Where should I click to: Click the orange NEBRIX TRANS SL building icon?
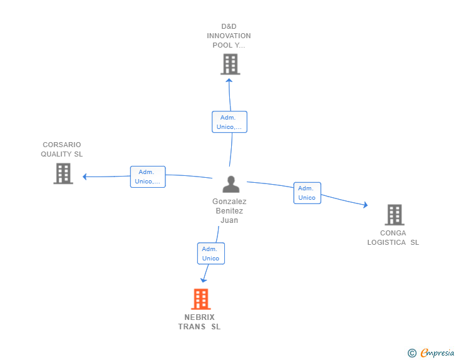(x=200, y=299)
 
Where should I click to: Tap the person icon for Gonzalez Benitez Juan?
(x=231, y=184)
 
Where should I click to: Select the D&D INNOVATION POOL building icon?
(x=230, y=64)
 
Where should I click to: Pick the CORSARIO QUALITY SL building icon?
(x=63, y=173)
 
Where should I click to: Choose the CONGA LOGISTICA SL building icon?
(x=394, y=215)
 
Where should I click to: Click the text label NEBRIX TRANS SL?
(x=199, y=322)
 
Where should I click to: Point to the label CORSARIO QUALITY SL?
(x=62, y=149)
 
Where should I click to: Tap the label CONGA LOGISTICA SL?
(x=393, y=238)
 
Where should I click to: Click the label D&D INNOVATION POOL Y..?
(x=229, y=36)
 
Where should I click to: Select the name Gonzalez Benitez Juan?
(x=229, y=211)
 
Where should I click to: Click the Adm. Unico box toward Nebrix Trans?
(x=210, y=254)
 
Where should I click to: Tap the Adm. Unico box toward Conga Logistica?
(x=307, y=193)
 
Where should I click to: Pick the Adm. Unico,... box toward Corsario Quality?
(x=147, y=177)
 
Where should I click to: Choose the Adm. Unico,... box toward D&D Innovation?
(x=229, y=122)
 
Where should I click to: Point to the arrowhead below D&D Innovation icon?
(x=229, y=80)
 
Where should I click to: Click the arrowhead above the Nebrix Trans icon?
(x=204, y=280)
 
